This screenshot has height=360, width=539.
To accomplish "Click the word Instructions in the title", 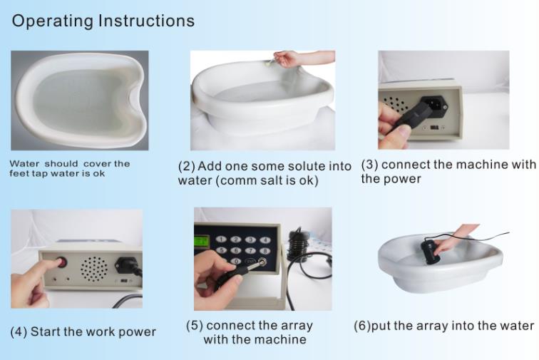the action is (146, 20).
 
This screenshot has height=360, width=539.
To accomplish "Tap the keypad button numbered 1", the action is (221, 240).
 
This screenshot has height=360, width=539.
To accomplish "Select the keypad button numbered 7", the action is (250, 251).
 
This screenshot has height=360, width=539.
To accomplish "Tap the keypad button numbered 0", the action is (236, 261).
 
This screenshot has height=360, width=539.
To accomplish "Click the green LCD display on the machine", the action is (202, 241).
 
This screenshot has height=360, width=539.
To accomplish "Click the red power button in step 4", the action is (62, 263).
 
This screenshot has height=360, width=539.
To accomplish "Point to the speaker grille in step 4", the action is (94, 269).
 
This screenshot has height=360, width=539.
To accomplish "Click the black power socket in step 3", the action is (433, 104).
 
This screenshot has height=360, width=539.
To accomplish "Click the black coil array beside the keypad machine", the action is (296, 246).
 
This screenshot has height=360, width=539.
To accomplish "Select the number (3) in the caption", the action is (370, 165).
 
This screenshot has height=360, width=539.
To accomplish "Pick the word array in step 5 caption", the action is (297, 326).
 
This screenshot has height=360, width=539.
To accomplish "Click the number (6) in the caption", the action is (362, 326).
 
